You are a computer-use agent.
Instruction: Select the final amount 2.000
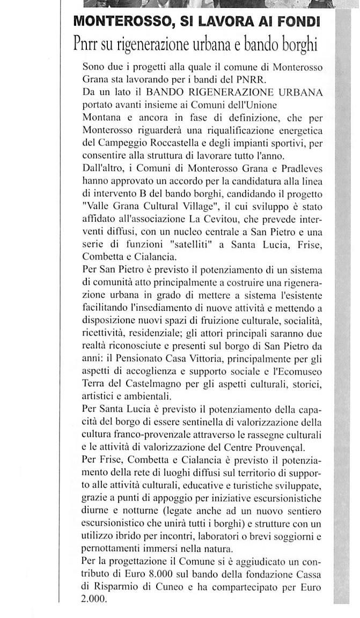click(94, 597)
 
